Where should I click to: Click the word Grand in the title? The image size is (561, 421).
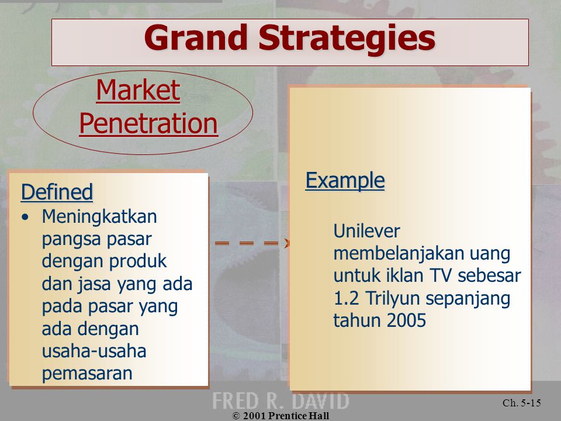tap(196, 37)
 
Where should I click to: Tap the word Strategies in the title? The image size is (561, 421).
tap(347, 39)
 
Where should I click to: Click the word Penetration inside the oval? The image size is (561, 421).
tap(148, 123)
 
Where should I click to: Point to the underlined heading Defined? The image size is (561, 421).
tap(57, 192)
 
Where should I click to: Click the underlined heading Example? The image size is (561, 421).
tap(345, 180)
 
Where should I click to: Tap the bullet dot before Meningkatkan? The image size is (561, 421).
tap(25, 217)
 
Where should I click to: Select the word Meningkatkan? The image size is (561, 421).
tap(99, 217)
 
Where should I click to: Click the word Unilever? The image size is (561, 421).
tap(367, 231)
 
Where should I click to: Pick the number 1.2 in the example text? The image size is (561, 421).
tap(346, 298)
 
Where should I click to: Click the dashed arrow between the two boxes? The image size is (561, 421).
tap(252, 243)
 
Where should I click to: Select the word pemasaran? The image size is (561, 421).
tap(87, 374)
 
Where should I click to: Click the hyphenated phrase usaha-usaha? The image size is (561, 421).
tap(94, 351)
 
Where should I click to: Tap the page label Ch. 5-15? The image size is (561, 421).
tap(522, 403)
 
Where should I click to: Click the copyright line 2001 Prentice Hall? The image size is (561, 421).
tap(281, 416)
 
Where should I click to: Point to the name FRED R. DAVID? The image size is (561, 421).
tap(280, 401)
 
